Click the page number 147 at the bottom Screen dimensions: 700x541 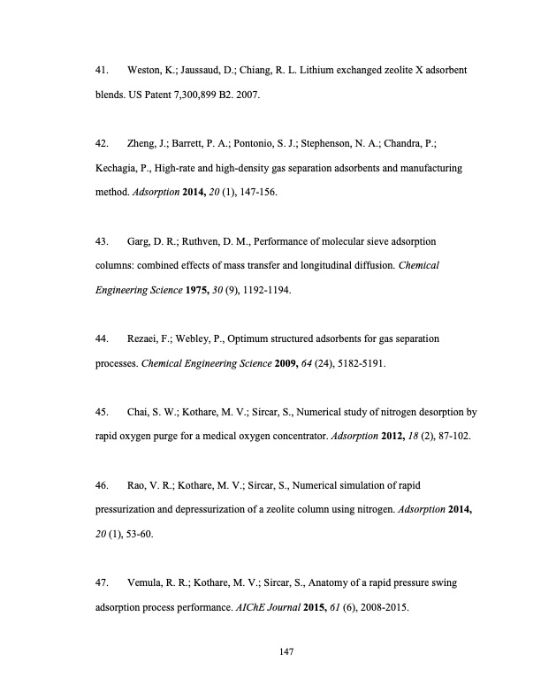(285, 652)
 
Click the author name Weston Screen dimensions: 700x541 (145, 69)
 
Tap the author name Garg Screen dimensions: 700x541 (141, 240)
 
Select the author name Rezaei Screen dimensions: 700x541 (147, 339)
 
